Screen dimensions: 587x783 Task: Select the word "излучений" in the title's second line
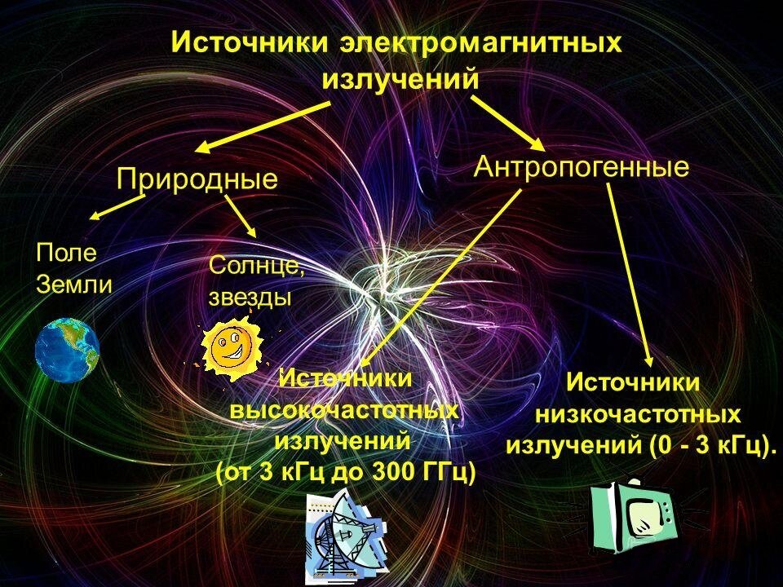pyautogui.click(x=399, y=80)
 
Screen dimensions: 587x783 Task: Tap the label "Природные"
pyautogui.click(x=197, y=179)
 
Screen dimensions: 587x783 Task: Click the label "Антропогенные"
pyautogui.click(x=582, y=167)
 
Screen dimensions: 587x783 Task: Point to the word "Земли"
pyautogui.click(x=73, y=285)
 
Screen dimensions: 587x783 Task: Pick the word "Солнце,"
pyautogui.click(x=257, y=265)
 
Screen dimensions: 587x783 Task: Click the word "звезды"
pyautogui.click(x=250, y=296)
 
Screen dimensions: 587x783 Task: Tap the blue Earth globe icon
pyautogui.click(x=66, y=350)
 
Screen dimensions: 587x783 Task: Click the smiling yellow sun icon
pyautogui.click(x=232, y=346)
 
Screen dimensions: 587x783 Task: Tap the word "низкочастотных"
pyautogui.click(x=638, y=414)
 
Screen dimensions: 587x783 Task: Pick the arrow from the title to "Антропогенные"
pyautogui.click(x=507, y=123)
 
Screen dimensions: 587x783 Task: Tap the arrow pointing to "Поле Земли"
pyautogui.click(x=117, y=206)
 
